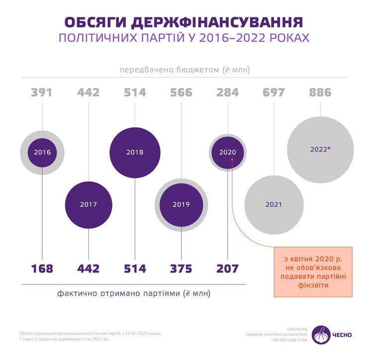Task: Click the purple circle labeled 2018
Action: coord(135,152)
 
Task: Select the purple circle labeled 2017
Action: coord(88,204)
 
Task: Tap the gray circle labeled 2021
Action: coord(274,204)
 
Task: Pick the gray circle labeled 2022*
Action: coord(320,150)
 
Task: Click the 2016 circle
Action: coord(42,152)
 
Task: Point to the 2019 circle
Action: coord(181,204)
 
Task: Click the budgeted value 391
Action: coord(42,92)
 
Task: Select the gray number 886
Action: coord(320,92)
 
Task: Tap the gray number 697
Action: coord(274,92)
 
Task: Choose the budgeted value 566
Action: coord(181,92)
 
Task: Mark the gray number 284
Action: coord(228,92)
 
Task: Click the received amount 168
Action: coord(42,269)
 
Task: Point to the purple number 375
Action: coord(181,269)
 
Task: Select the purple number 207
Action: coord(228,269)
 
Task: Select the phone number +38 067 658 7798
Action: coord(289,340)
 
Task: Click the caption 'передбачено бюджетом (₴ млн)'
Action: coord(184,70)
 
